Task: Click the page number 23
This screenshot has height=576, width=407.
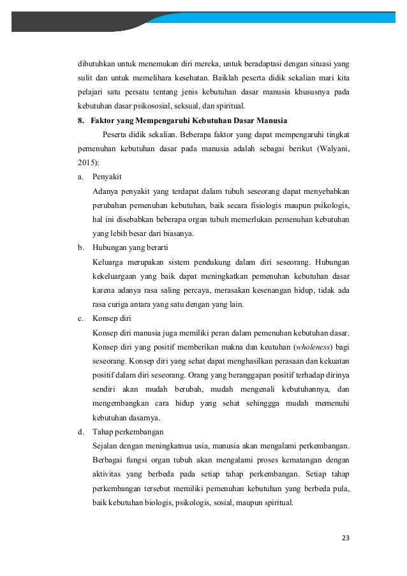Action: (x=346, y=538)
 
